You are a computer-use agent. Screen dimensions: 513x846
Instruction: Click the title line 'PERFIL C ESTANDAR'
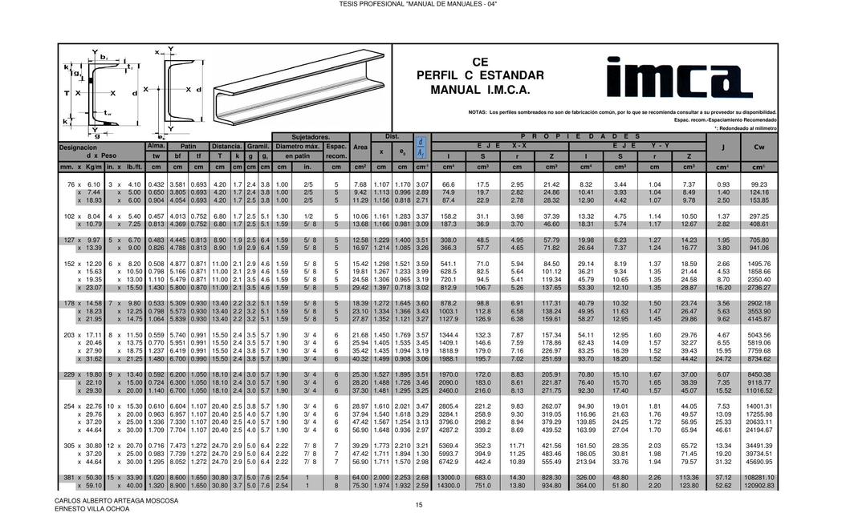480,75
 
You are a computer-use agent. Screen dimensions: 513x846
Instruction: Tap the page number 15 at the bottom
418,504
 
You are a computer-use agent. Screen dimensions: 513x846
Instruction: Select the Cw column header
759,147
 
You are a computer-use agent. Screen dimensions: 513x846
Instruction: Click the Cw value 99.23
759,184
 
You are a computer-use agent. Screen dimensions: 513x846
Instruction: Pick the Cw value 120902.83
759,485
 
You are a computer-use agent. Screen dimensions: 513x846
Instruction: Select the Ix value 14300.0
449,485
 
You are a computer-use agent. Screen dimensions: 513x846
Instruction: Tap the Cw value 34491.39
759,445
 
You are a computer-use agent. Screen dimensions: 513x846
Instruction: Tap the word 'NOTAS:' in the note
478,111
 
